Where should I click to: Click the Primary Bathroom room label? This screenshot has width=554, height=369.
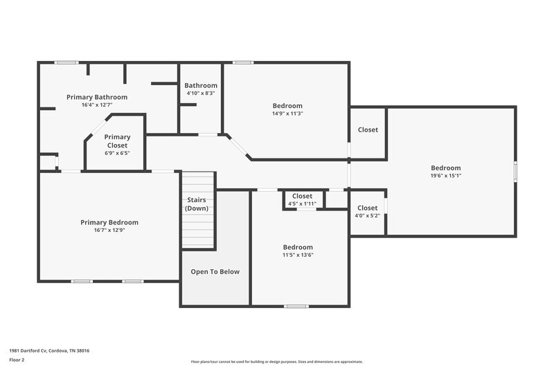click(x=97, y=97)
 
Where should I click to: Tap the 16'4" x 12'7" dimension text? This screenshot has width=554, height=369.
click(x=97, y=105)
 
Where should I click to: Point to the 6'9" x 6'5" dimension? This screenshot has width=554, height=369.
click(x=117, y=153)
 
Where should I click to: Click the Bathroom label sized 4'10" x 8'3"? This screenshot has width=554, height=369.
click(x=201, y=85)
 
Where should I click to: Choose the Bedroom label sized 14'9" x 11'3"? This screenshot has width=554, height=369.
click(x=287, y=106)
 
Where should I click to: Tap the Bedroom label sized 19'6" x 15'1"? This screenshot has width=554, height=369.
click(x=445, y=168)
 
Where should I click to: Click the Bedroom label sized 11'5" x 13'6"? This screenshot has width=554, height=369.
click(x=298, y=247)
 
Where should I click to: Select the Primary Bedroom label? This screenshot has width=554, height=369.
click(x=109, y=222)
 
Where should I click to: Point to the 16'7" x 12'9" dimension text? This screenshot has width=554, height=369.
click(x=109, y=231)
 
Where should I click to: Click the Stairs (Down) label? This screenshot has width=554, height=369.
click(x=197, y=204)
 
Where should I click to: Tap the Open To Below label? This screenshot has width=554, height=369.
click(x=215, y=271)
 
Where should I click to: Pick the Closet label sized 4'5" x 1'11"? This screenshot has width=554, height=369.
click(x=302, y=196)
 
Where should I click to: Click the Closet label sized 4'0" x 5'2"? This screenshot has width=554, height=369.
click(x=367, y=208)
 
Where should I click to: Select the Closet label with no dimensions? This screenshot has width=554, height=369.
click(x=368, y=129)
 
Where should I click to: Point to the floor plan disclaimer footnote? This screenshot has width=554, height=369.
click(x=276, y=361)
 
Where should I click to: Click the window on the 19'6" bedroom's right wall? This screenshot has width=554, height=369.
click(x=515, y=171)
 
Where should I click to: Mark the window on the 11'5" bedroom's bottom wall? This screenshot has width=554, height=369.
click(x=296, y=305)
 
